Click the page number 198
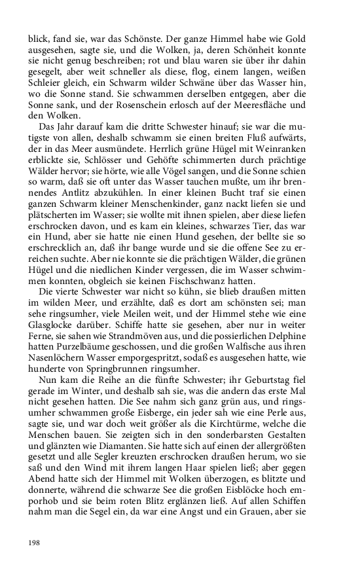[34, 543]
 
